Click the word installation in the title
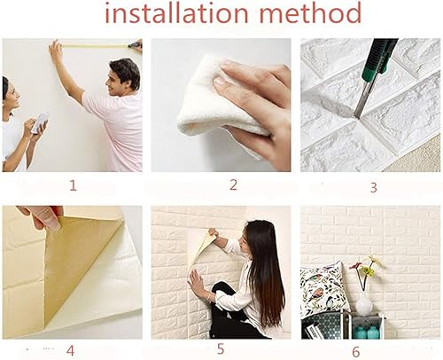[x=165, y=14]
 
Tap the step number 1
[x=73, y=185]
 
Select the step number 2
[x=233, y=185]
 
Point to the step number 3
[x=373, y=187]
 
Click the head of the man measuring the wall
[x=125, y=74]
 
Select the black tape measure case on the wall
[x=136, y=44]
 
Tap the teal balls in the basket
[x=366, y=330]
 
